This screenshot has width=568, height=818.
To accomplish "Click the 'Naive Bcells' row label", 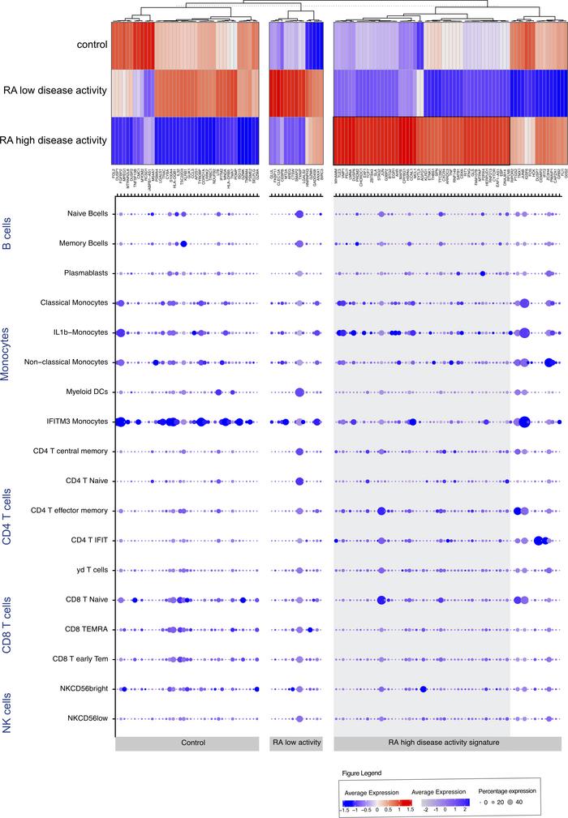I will [86, 214].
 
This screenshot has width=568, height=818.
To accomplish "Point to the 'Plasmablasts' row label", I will [87, 273].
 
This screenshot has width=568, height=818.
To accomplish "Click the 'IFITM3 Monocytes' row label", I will [80, 422].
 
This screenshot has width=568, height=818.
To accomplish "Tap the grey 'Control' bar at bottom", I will [187, 742].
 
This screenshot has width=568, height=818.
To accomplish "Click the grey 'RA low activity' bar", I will [296, 742].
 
